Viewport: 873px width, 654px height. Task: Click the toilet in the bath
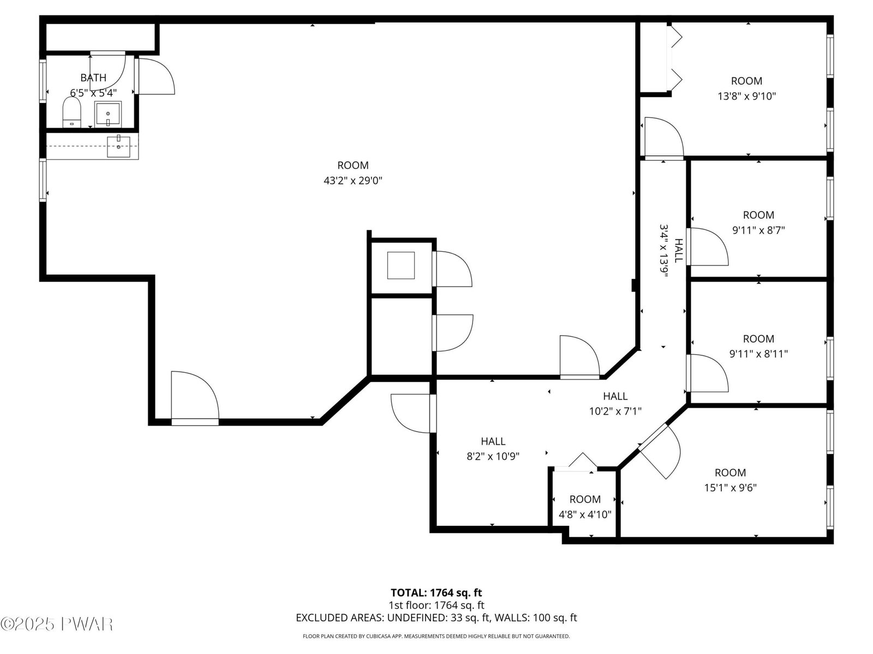coord(71,112)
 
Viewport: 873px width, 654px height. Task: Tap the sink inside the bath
coord(108,114)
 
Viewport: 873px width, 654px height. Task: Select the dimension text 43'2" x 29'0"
coord(353,181)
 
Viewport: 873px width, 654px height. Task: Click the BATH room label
coord(93,77)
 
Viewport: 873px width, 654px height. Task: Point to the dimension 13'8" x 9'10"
coord(746,96)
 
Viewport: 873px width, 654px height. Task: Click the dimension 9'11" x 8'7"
coord(758,230)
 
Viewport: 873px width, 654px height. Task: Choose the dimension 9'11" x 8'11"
coord(758,353)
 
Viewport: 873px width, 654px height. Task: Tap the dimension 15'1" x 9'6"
coord(730,487)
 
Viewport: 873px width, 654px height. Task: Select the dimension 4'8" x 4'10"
coord(585,514)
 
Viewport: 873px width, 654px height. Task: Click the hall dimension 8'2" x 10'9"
coord(493,456)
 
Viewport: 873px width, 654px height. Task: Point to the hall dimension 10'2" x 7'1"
coord(615,411)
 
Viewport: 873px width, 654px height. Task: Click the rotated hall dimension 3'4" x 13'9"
coord(663,250)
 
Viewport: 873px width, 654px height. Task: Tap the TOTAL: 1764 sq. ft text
coord(436,592)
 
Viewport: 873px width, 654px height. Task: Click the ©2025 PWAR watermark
coord(57,624)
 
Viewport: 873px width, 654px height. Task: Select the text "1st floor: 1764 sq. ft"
coord(436,605)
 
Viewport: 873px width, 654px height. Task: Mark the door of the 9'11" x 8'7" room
coord(708,246)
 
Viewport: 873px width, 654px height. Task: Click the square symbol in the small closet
coord(401,265)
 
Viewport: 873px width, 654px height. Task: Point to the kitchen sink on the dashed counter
coord(118,146)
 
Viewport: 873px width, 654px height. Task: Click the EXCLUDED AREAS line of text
coord(436,617)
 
